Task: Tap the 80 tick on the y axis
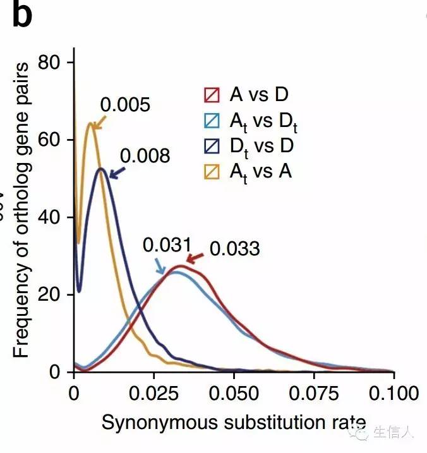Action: coord(49,62)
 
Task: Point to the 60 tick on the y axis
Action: coord(49,139)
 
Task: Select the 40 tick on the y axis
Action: coord(49,217)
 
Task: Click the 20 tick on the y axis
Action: coord(49,294)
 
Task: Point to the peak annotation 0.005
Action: coord(125,105)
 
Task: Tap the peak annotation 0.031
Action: coord(166,245)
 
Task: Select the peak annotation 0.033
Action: coord(234,249)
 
